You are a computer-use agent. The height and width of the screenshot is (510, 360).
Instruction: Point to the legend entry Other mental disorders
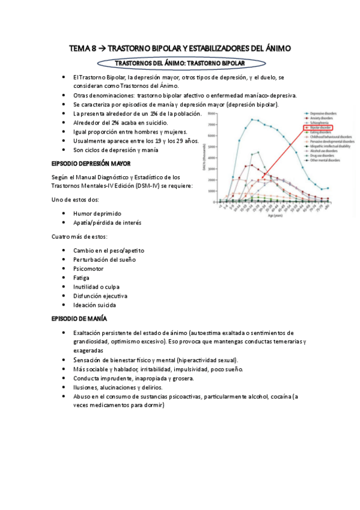[325, 161]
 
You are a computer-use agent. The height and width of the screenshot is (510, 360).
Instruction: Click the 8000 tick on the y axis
[210, 113]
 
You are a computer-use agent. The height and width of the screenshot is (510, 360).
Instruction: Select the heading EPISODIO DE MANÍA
[79, 318]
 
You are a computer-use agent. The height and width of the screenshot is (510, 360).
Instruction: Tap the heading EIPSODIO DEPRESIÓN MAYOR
[87, 164]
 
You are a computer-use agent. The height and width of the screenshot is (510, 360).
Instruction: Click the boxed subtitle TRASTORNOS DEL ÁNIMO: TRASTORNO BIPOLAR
[180, 63]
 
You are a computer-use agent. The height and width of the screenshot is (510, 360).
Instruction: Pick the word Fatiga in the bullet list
[82, 277]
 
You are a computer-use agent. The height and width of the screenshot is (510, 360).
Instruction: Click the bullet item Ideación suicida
[95, 305]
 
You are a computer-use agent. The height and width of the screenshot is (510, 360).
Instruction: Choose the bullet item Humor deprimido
[97, 214]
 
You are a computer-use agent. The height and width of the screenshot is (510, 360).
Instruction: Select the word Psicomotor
[89, 268]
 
